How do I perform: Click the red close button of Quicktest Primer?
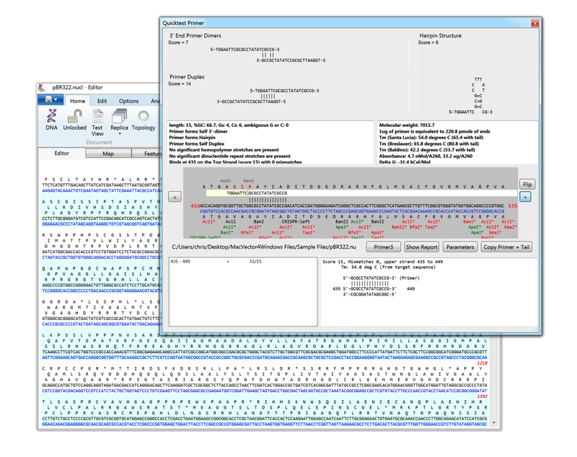pyautogui.click(x=534, y=23)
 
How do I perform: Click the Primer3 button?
pyautogui.click(x=384, y=247)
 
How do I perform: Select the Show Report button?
pyautogui.click(x=421, y=247)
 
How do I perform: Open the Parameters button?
pyautogui.click(x=460, y=247)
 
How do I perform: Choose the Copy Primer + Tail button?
pyautogui.click(x=506, y=247)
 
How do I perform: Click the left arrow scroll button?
pyautogui.click(x=175, y=196)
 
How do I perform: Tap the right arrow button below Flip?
pyautogui.click(x=525, y=196)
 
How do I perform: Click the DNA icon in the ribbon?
pyautogui.click(x=52, y=118)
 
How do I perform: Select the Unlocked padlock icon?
pyautogui.click(x=74, y=118)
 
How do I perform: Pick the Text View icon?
pyautogui.click(x=97, y=120)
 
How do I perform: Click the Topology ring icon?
pyautogui.click(x=144, y=118)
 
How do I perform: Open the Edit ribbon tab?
pyautogui.click(x=102, y=101)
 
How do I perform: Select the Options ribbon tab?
pyautogui.click(x=128, y=101)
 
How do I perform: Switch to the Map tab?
pyautogui.click(x=108, y=154)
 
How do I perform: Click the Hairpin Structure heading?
pyautogui.click(x=440, y=35)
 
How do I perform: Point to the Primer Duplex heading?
pyautogui.click(x=187, y=76)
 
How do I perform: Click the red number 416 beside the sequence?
pyautogui.click(x=195, y=206)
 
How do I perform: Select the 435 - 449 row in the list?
pyautogui.click(x=180, y=262)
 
